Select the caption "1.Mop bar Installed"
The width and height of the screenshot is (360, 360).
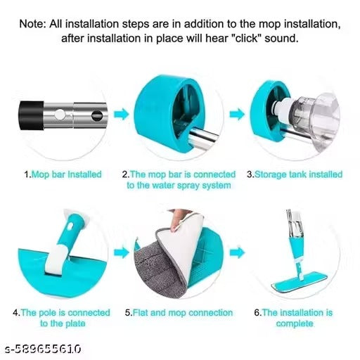point(63,174)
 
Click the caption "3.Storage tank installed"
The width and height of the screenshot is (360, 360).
point(295,174)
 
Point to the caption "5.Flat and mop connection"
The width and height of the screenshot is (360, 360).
point(179,312)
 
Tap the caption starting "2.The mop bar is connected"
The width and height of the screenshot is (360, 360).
point(178,180)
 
